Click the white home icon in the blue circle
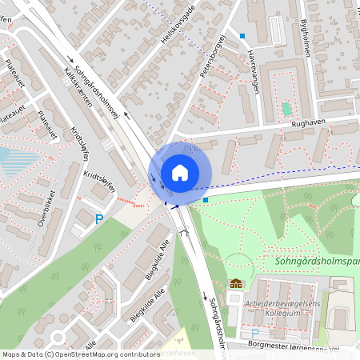179,173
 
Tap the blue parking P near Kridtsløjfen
99,219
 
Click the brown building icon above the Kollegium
236,283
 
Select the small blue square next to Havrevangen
242,35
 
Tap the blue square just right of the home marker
206,199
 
